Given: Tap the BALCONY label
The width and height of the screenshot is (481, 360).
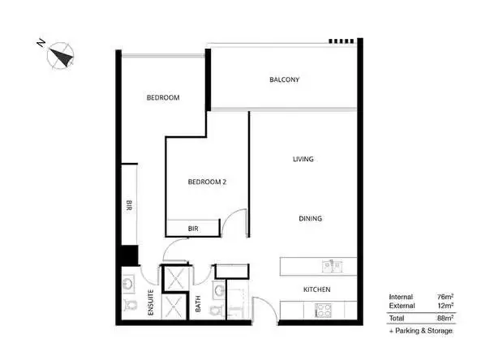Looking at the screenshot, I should pyautogui.click(x=285, y=79).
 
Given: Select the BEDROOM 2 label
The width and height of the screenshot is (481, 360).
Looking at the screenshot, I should pyautogui.click(x=206, y=182).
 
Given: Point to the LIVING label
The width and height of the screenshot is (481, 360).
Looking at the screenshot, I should pyautogui.click(x=303, y=159).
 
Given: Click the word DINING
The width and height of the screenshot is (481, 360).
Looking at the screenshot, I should pyautogui.click(x=310, y=218).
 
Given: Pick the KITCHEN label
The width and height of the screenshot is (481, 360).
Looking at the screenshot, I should pyautogui.click(x=316, y=289).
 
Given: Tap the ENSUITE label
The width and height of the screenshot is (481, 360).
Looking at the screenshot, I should pyautogui.click(x=150, y=302).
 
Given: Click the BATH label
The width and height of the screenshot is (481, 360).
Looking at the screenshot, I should pyautogui.click(x=198, y=304).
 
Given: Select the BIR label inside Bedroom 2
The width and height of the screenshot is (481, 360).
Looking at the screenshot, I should pyautogui.click(x=193, y=229).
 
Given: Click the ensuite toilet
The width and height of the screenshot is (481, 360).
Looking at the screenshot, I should pyautogui.click(x=131, y=306).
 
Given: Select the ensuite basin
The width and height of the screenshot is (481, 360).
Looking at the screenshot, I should pyautogui.click(x=130, y=283).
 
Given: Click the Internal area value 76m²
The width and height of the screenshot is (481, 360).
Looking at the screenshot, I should pyautogui.click(x=444, y=296).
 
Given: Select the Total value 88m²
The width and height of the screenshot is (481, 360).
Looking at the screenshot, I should pyautogui.click(x=444, y=317).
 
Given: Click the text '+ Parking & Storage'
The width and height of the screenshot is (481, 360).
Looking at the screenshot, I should pyautogui.click(x=421, y=331).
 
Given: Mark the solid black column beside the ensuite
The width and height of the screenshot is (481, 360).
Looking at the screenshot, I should pyautogui.click(x=128, y=255).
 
